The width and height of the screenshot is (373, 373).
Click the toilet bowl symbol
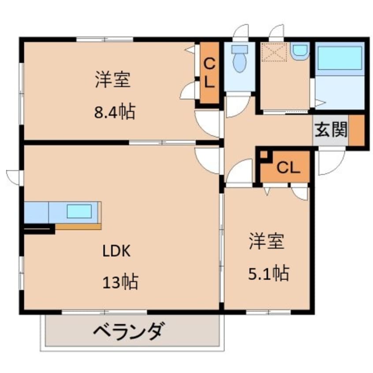pyautogui.click(x=239, y=59)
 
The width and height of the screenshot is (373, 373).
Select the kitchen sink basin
pyautogui.click(x=79, y=211)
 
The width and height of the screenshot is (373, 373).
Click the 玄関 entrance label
pyautogui.click(x=331, y=130)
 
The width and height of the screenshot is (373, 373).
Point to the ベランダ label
pyautogui.click(x=129, y=331)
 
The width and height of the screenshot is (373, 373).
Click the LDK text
pyautogui.click(x=116, y=251)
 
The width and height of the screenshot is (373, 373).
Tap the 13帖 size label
pyautogui.click(x=120, y=282)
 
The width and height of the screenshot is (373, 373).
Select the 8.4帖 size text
pyautogui.click(x=115, y=112)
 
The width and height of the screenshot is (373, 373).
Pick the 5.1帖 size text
pyautogui.click(x=269, y=273)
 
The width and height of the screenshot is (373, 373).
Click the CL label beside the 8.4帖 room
pyautogui.click(x=209, y=73)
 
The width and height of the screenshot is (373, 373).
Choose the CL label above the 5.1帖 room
pyautogui.click(x=288, y=168)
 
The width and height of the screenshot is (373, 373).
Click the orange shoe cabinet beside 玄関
pyautogui.click(x=356, y=130)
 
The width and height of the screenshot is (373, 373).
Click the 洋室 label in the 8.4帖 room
pyautogui.click(x=113, y=79)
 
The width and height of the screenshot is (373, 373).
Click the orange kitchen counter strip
pyautogui.click(x=78, y=227)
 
